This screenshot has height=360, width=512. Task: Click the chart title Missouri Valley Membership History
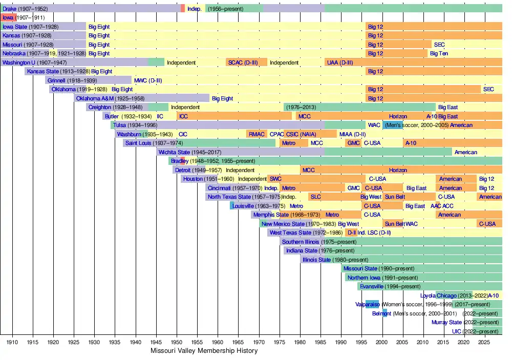coord(204,351)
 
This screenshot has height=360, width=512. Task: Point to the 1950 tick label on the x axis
coord(177,342)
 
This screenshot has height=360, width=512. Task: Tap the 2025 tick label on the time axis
coord(484,342)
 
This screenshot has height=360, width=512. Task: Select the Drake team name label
coord(10,9)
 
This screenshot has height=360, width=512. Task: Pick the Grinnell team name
coord(56,80)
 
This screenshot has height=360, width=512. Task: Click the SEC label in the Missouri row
coord(439,45)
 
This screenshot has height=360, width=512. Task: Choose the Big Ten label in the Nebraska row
coord(439,53)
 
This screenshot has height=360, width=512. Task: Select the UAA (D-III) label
coord(339,62)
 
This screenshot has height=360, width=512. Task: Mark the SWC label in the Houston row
coord(275,179)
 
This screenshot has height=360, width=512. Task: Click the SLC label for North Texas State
coord(315,197)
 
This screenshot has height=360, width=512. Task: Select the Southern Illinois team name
coord(301,242)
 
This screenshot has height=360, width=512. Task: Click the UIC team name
coord(456,331)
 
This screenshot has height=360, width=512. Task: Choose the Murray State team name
coord(447,322)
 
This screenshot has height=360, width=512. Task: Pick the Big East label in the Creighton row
coord(448,108)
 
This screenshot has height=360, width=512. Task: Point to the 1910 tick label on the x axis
coord(12,342)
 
